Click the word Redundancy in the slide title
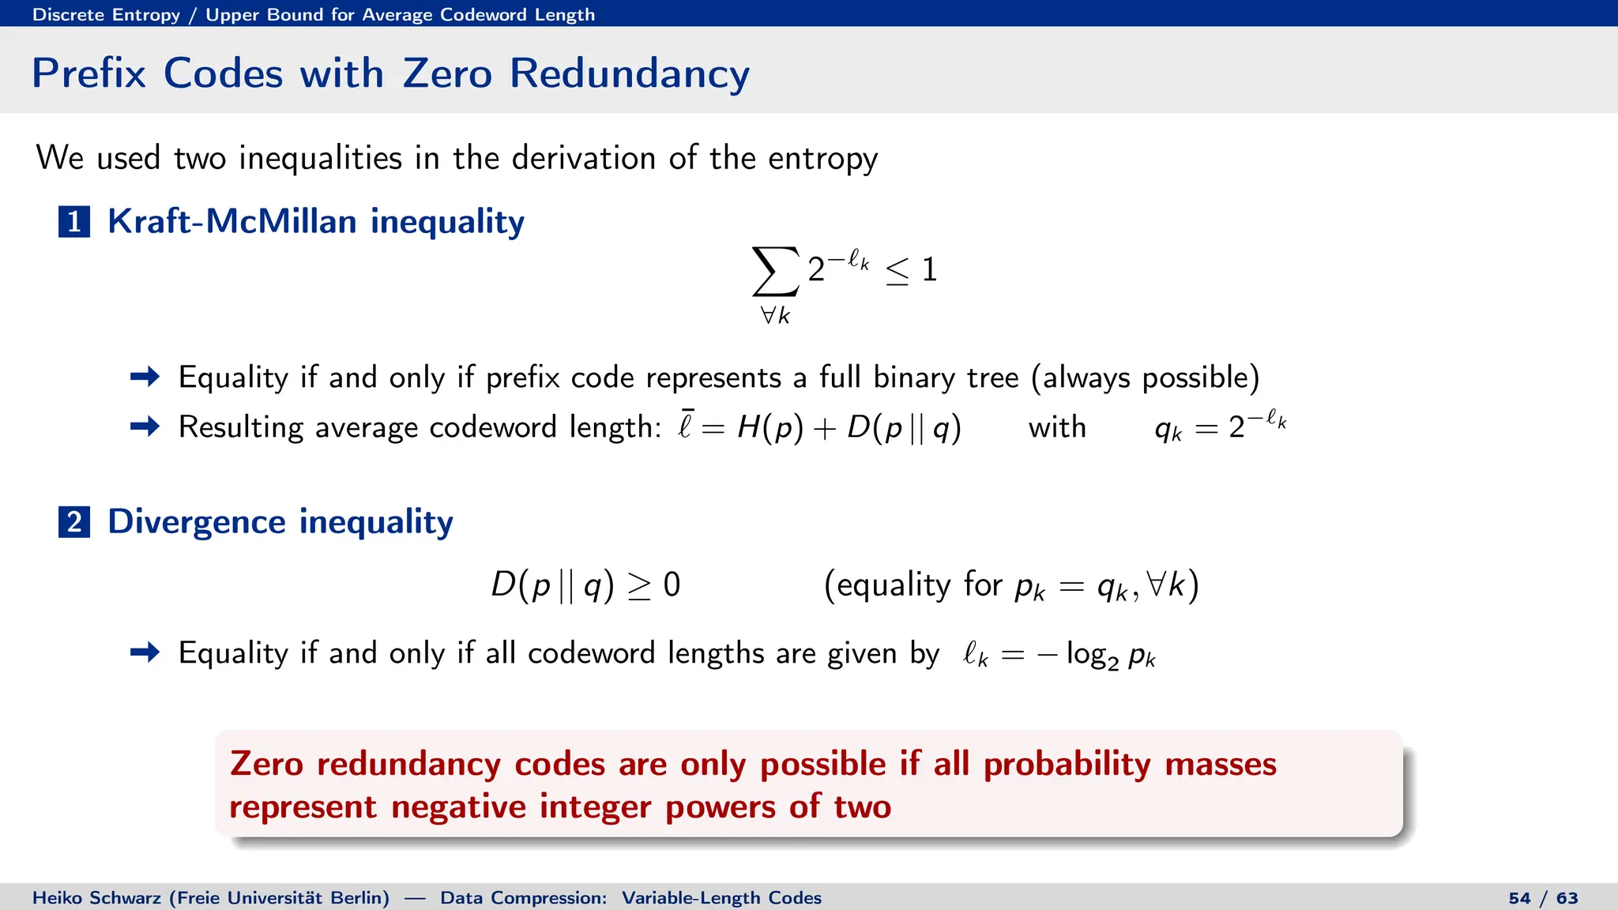(629, 73)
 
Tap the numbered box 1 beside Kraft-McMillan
(74, 222)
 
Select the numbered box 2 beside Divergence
(74, 522)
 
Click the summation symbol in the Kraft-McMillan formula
(775, 271)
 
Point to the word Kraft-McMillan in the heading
(231, 221)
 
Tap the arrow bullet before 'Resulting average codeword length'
(145, 427)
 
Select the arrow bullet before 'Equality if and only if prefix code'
(145, 377)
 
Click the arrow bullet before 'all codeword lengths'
(145, 652)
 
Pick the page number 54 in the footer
(1519, 898)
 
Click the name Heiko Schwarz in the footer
(96, 898)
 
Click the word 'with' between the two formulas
(1057, 427)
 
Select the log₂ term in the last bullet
(1092, 655)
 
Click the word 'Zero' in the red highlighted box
(266, 764)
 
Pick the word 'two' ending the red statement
(863, 807)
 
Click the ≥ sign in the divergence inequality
(639, 586)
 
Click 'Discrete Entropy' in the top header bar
(106, 14)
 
